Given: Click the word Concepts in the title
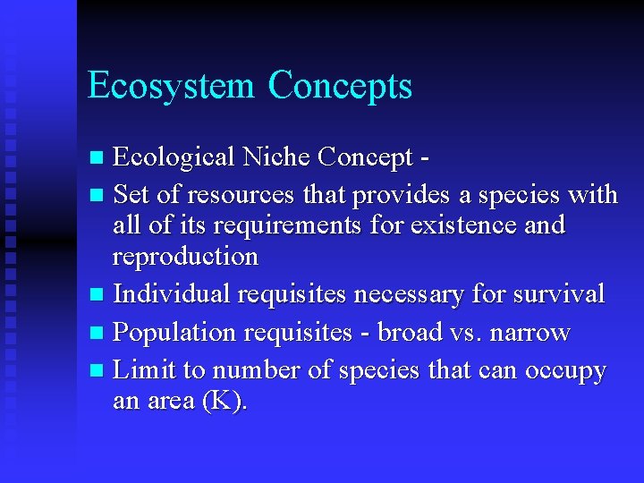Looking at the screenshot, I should tap(341, 87).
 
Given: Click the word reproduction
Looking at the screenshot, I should tap(185, 257).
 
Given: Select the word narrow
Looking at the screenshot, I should tap(529, 333).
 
